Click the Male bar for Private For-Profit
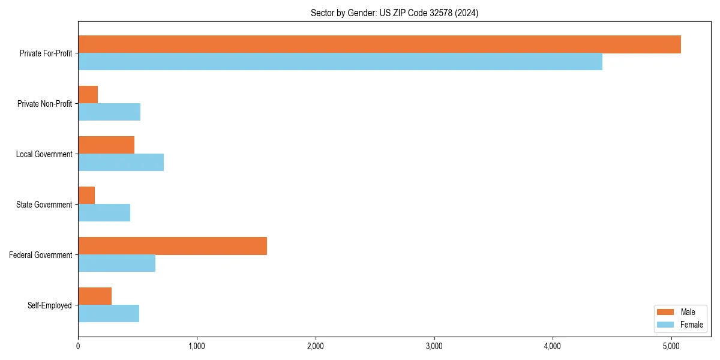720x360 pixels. click(379, 44)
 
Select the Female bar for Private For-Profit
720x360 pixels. click(340, 62)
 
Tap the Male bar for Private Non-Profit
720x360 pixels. click(88, 95)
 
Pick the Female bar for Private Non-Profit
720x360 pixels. click(109, 112)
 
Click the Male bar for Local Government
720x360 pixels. click(106, 145)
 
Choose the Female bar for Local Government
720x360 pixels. click(121, 163)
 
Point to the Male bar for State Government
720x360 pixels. click(86, 196)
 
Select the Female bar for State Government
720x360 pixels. click(104, 213)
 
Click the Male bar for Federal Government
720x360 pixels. click(172, 246)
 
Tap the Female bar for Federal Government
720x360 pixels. click(116, 263)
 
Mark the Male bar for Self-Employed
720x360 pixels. click(95, 296)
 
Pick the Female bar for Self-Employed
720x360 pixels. click(109, 314)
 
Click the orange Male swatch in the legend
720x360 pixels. click(665, 312)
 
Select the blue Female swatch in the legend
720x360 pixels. click(665, 325)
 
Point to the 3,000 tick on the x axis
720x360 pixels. click(434, 346)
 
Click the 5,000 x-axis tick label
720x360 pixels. click(671, 346)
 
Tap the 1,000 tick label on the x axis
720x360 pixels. click(197, 346)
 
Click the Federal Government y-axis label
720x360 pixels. click(41, 255)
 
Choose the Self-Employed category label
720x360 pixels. click(50, 305)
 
